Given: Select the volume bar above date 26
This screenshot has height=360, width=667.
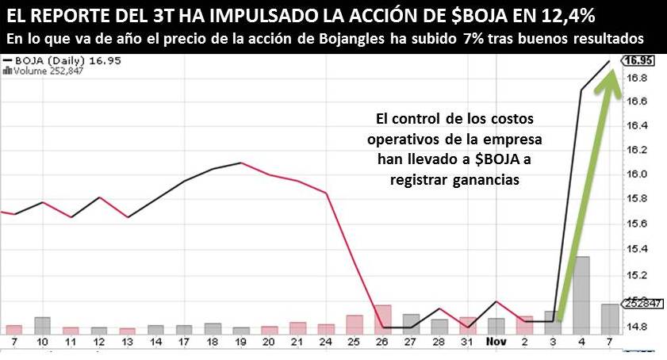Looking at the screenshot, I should (383, 319).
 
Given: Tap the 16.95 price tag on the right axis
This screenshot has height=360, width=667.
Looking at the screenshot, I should (639, 59).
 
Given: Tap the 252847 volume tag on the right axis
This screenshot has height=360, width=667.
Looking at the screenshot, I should (638, 303).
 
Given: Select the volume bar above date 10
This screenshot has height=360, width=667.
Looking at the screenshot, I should (42, 325).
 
